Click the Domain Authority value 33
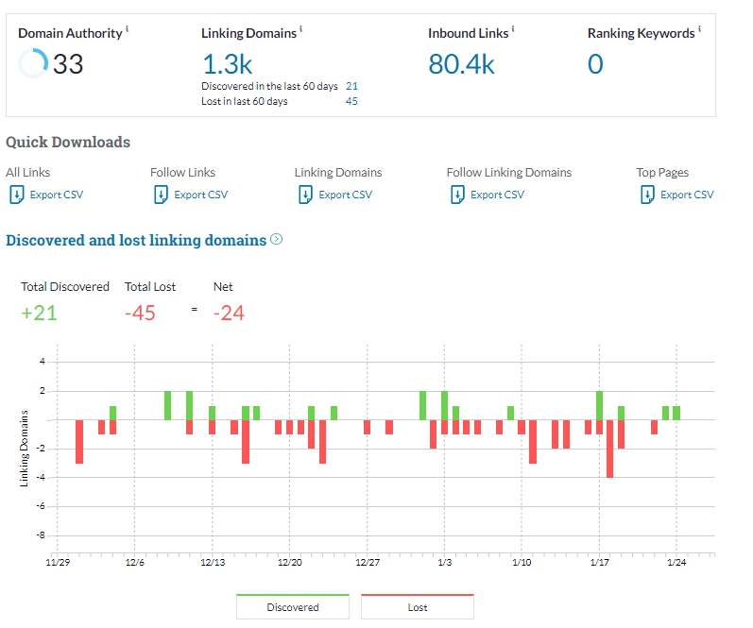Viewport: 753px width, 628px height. (x=68, y=64)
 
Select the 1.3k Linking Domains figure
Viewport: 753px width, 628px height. (x=228, y=64)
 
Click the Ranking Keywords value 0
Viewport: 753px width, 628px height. (x=595, y=64)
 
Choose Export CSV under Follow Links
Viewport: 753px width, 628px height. (x=190, y=195)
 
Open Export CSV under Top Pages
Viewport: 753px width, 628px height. (x=676, y=195)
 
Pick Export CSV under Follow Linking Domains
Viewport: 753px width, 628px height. (x=487, y=195)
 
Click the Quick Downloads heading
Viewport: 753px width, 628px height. (x=68, y=143)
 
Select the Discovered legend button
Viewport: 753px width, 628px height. (x=293, y=607)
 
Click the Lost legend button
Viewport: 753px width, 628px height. (x=418, y=607)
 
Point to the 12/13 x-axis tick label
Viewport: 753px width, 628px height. (x=213, y=562)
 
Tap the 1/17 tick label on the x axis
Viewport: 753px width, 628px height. (x=599, y=562)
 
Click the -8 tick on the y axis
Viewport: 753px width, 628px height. (x=41, y=535)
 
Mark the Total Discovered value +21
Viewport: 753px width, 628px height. (x=40, y=314)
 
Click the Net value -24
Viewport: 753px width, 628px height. (x=229, y=314)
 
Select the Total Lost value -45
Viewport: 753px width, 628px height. (x=140, y=314)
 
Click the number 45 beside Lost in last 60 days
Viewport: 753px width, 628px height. (x=351, y=101)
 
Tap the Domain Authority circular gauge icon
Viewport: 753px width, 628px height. (x=33, y=64)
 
